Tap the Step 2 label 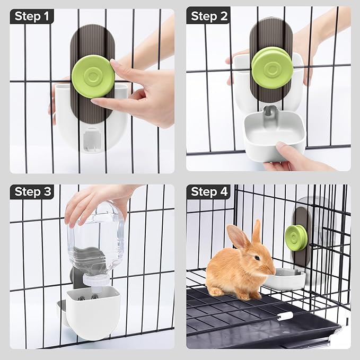[208, 16]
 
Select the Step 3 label [32, 192]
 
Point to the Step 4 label [208, 192]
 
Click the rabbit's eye [257, 258]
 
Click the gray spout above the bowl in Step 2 [270, 111]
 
